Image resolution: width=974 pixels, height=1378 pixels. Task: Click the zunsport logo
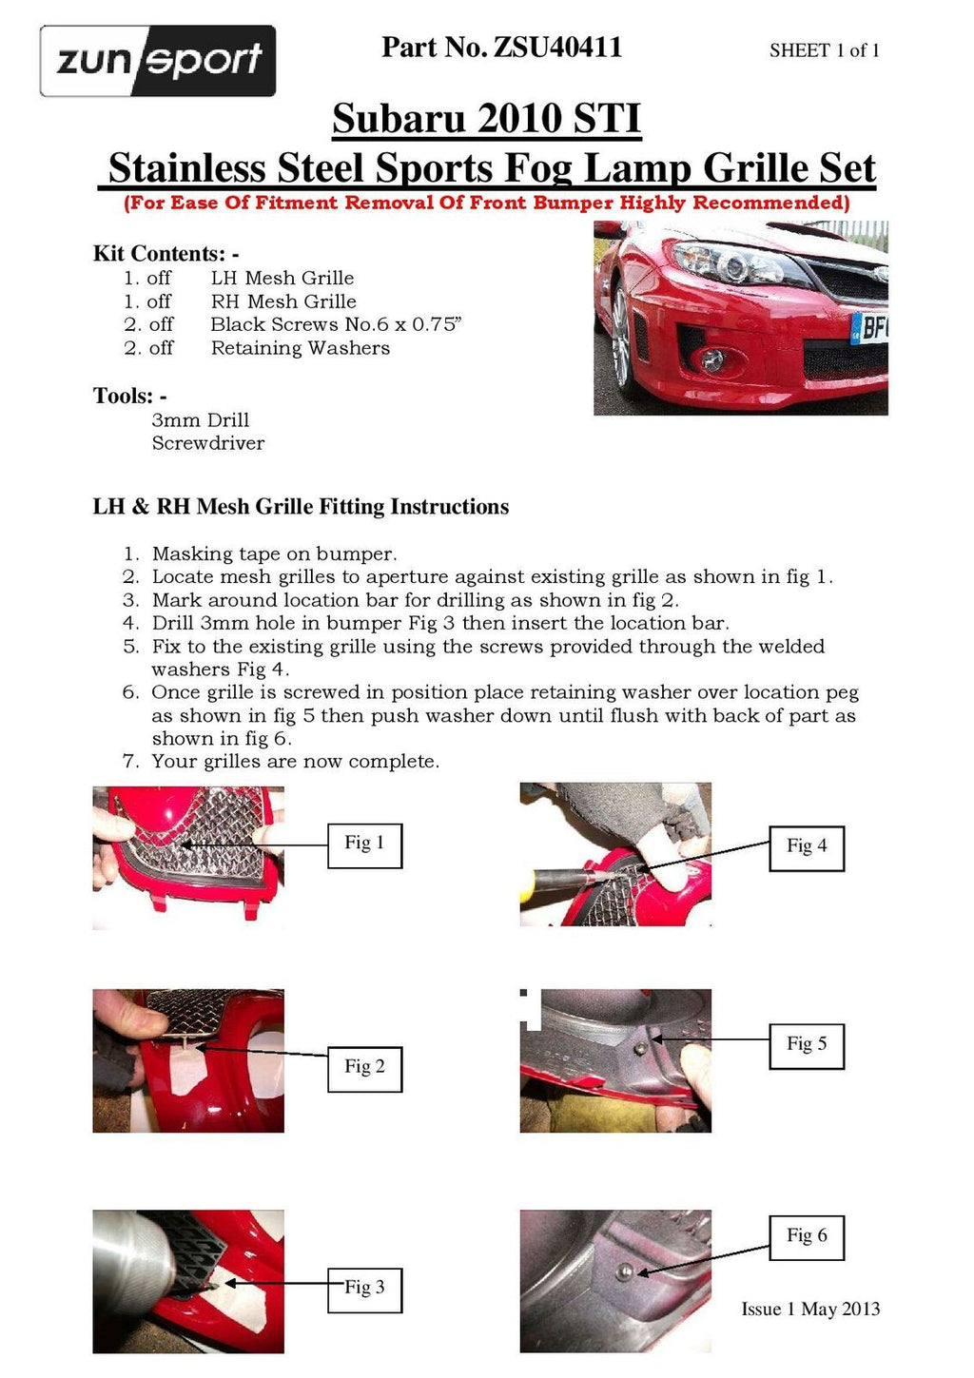coord(158,61)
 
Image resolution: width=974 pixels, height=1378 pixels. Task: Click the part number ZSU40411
coord(501,47)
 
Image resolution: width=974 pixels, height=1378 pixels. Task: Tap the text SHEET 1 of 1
coord(824,50)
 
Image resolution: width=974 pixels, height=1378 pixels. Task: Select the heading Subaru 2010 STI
coord(486,119)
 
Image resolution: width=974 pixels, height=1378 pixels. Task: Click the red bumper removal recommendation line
coord(486,203)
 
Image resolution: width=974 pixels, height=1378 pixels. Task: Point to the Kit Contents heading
coord(166,254)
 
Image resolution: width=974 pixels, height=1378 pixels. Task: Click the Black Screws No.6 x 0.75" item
coord(335,324)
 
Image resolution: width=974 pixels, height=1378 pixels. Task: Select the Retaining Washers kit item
coord(300,348)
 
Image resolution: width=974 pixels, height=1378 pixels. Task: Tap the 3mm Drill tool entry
coord(200,420)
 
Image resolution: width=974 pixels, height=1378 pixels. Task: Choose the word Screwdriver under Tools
coord(207,443)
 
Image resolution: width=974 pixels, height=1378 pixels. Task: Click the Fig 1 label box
coord(364,844)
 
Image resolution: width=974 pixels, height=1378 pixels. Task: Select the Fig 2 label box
coord(364,1067)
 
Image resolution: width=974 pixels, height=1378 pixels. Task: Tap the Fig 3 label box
coord(364,1288)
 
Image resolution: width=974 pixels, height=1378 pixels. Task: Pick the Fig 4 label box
coord(806,846)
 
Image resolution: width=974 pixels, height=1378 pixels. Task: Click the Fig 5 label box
coord(806,1044)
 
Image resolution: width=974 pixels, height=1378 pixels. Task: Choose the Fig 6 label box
coord(806,1236)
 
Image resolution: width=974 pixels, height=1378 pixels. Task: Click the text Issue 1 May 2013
coord(810,1310)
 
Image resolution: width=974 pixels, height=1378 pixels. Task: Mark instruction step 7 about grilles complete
coord(295,762)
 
